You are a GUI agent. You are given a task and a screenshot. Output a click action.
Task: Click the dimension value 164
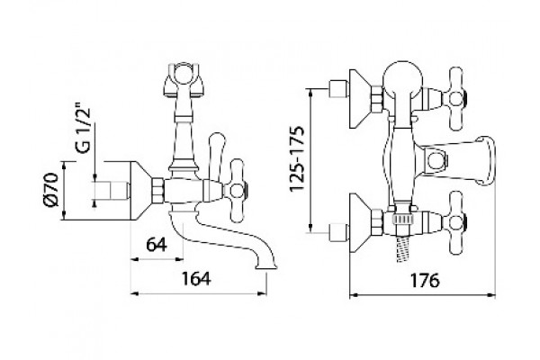pos(195,278)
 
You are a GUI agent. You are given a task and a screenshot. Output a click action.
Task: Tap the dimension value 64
pos(157,245)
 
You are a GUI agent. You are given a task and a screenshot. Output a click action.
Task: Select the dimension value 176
pos(424,281)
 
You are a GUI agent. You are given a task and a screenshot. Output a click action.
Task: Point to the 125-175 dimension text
pos(296,158)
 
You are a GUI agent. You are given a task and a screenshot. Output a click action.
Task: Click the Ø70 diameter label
pos(51,190)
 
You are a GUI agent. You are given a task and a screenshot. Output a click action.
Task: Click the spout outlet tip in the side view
pos(265,265)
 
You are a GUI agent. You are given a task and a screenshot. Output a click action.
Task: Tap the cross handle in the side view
pos(237,190)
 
